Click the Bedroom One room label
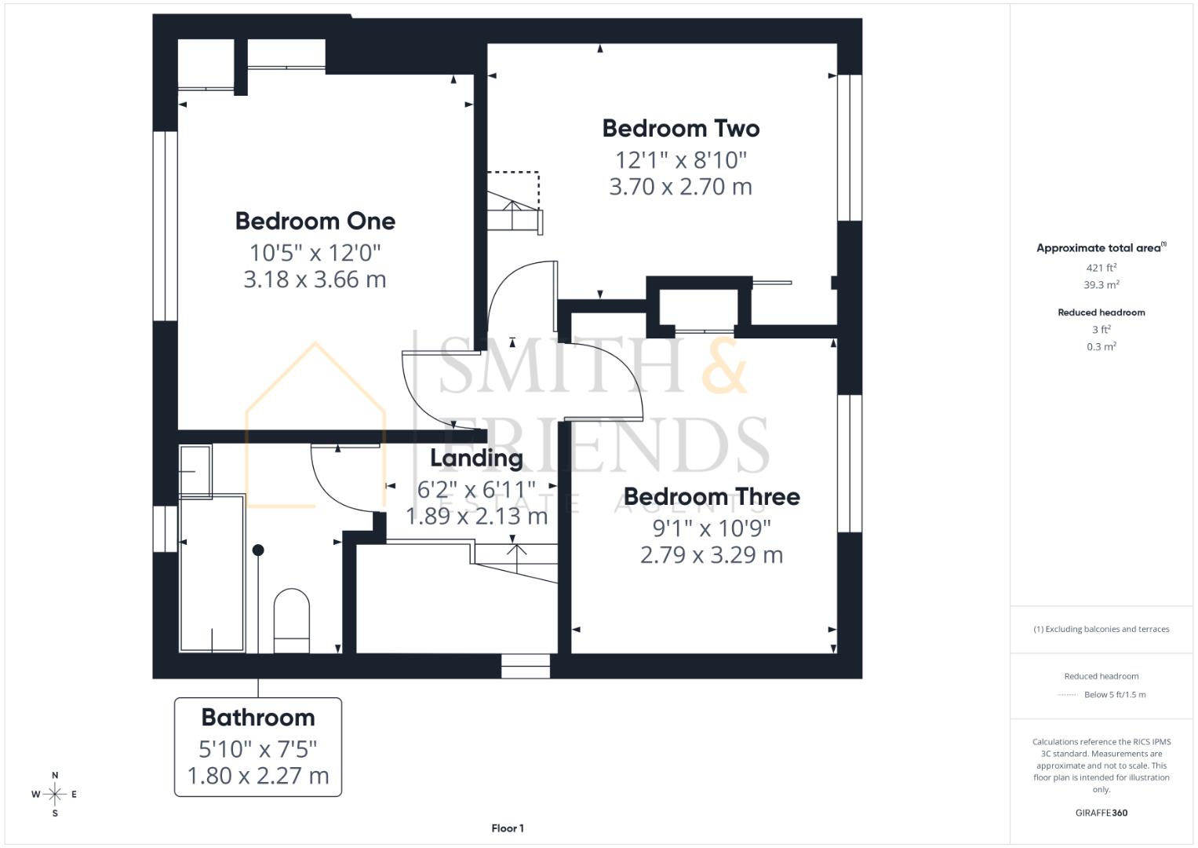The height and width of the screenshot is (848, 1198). [315, 221]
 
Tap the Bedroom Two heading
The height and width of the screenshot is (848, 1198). [680, 129]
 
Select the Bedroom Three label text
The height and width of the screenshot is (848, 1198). [711, 497]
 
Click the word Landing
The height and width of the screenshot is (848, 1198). [476, 458]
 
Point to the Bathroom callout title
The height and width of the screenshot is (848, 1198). [258, 718]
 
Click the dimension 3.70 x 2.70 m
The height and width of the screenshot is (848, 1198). [680, 187]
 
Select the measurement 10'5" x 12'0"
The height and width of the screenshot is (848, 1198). [315, 253]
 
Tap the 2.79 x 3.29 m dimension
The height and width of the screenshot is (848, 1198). [711, 555]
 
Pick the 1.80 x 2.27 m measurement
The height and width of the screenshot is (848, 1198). [258, 776]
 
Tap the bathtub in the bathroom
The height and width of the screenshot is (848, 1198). [212, 573]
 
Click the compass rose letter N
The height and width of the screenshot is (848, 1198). [55, 776]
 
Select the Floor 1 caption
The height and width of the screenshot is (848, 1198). [508, 828]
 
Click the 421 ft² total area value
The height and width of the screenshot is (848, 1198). [1101, 268]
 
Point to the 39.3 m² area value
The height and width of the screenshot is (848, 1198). [1101, 285]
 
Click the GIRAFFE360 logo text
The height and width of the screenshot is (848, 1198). [1101, 813]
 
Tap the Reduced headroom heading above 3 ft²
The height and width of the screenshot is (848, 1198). [1101, 313]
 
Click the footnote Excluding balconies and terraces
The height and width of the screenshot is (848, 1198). [1101, 629]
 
